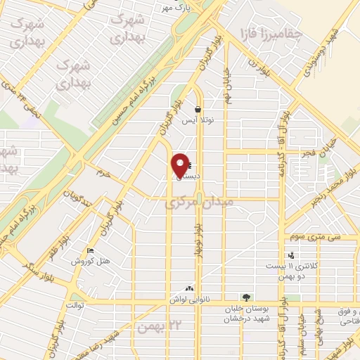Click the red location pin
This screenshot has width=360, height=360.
(181, 165)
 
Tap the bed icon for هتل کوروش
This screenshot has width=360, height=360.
(89, 251)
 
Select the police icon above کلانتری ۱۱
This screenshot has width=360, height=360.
(291, 255)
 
